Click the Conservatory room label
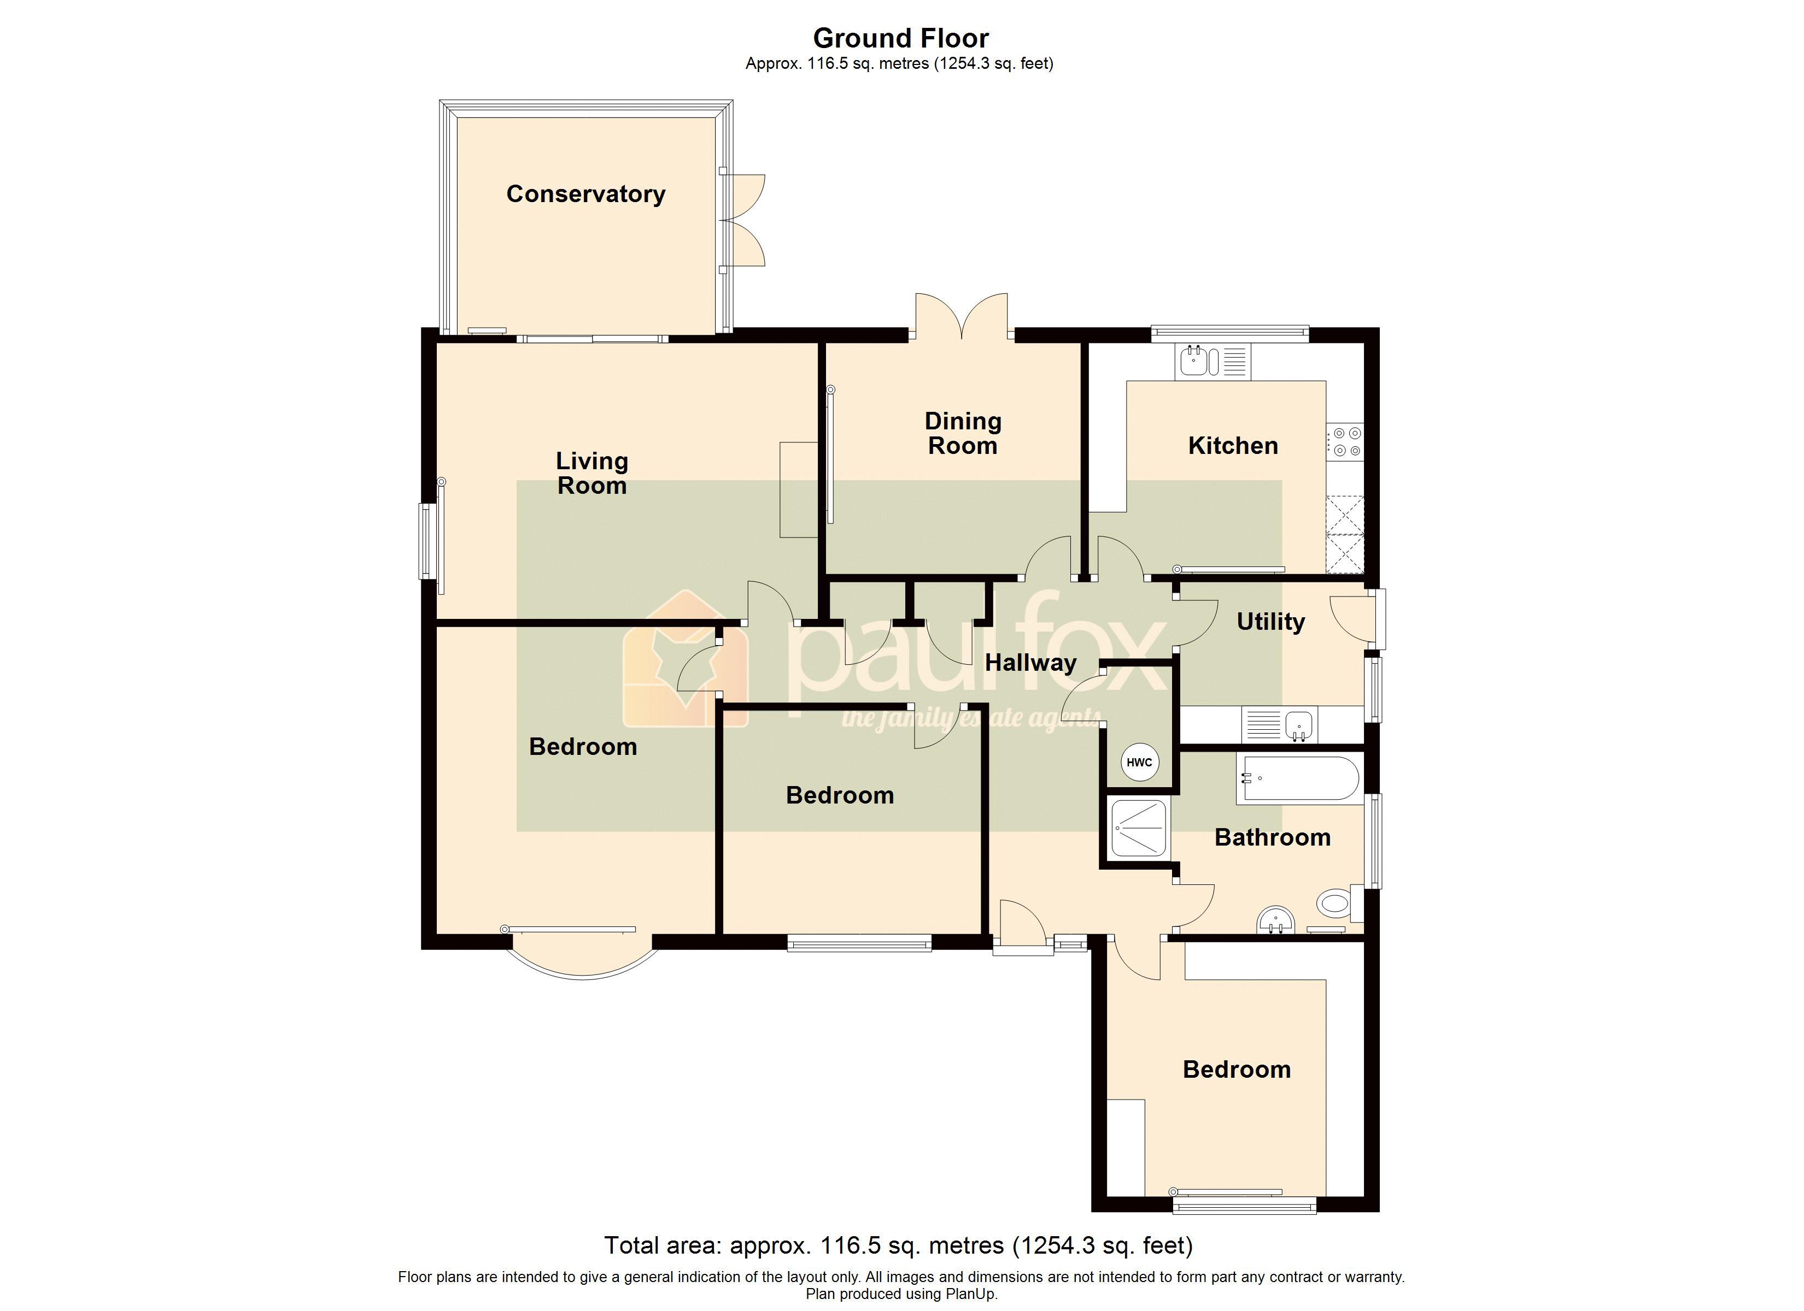coord(585,194)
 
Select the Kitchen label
coord(1233,445)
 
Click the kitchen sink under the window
coord(1212,361)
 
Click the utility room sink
coord(1279,725)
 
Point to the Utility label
coord(1270,622)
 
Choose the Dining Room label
coord(963,433)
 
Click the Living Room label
coord(592,473)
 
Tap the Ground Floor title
coord(900,37)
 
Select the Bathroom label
coord(1273,837)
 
